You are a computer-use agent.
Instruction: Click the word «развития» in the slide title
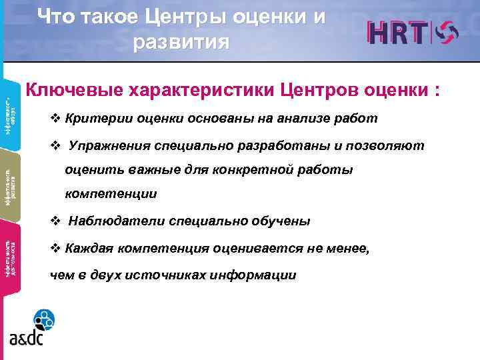pos(181,41)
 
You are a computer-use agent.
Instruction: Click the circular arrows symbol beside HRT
pos(449,33)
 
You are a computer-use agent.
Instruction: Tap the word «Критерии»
pos(94,119)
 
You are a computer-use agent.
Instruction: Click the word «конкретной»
pos(248,170)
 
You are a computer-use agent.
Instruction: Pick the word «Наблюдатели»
pos(111,221)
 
